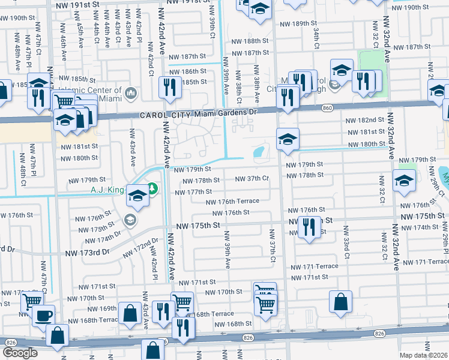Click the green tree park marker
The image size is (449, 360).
pyautogui.click(x=152, y=189)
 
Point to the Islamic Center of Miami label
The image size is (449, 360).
pyautogui.click(x=95, y=94)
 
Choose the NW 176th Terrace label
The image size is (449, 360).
pyautogui.click(x=231, y=202)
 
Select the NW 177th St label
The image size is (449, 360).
pyautogui.click(x=193, y=191)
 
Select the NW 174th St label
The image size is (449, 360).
pyautogui.click(x=431, y=227)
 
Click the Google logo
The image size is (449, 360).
pyautogui.click(x=20, y=353)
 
